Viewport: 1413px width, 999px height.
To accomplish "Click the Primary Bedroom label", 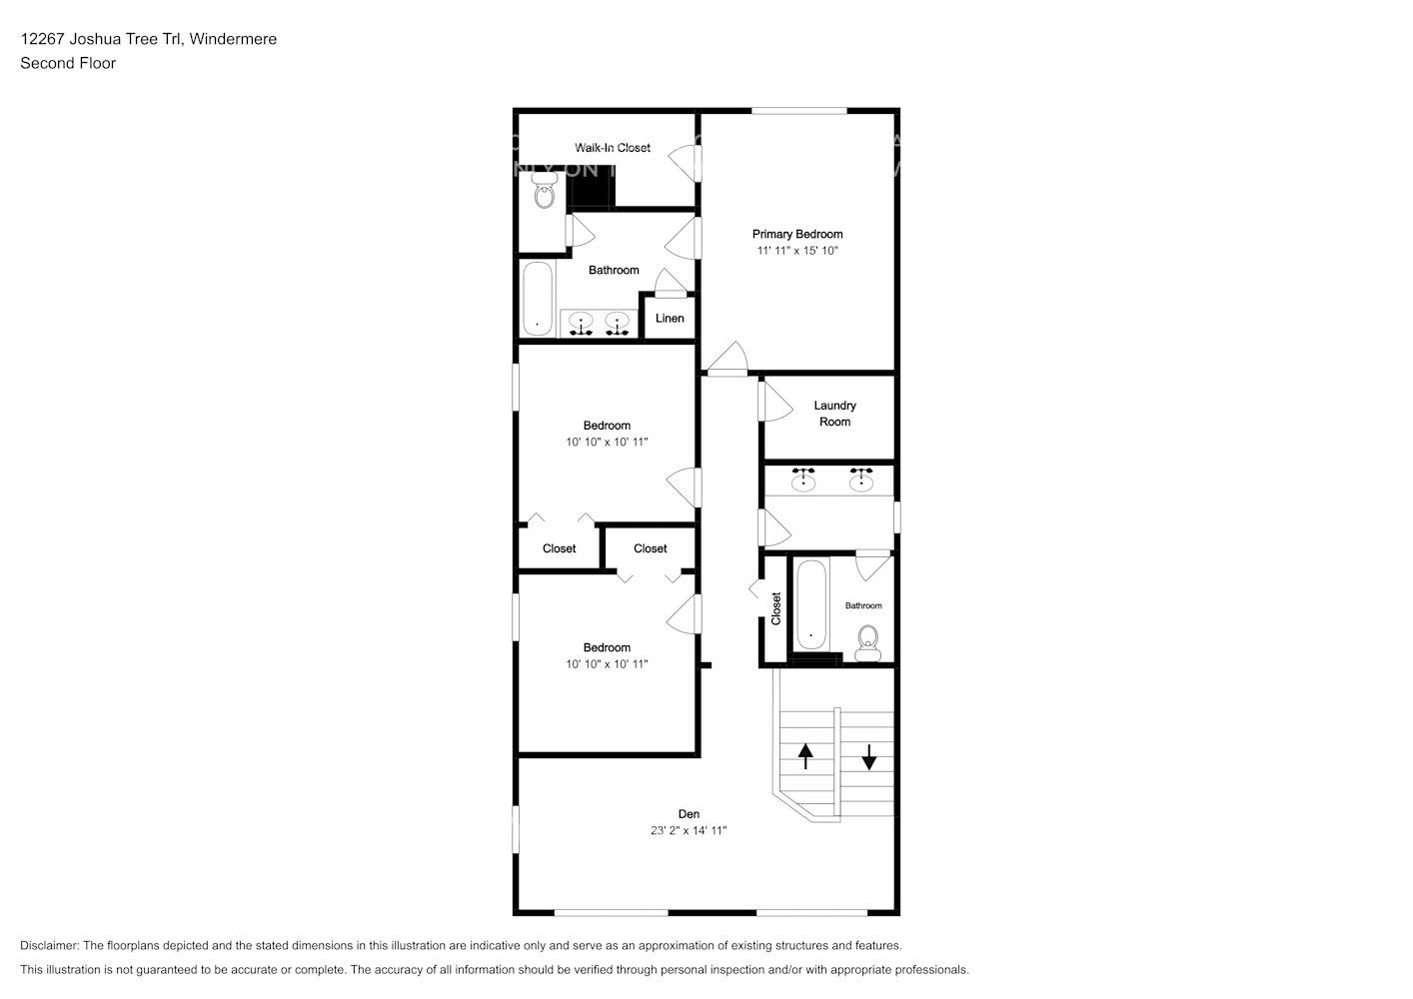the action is [x=797, y=234].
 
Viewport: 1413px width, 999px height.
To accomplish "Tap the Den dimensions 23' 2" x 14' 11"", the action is [x=689, y=830].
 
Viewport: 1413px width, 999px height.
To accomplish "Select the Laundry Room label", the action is [x=834, y=414].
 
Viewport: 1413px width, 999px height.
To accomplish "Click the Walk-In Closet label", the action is [x=613, y=148].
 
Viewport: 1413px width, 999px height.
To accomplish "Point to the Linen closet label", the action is [x=670, y=318].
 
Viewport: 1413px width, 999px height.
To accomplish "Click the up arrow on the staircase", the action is [x=805, y=756].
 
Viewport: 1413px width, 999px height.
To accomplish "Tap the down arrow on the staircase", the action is [x=868, y=757].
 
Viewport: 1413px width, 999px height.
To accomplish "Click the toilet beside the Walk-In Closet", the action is [x=545, y=190].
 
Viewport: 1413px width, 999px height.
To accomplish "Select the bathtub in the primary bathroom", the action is [x=538, y=299].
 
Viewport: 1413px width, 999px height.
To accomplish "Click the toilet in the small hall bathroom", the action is [x=868, y=643].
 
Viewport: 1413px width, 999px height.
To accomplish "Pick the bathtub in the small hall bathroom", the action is [x=810, y=604].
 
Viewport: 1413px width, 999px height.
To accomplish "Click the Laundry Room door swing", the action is [x=775, y=402].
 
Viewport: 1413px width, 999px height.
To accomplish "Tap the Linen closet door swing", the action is [x=671, y=283].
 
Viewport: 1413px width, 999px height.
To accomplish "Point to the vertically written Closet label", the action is [x=775, y=608].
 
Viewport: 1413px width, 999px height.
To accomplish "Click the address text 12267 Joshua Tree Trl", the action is [x=101, y=39].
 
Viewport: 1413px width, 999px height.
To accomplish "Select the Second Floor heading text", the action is [x=68, y=63].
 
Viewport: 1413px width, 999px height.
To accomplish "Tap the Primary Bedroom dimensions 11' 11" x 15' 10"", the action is [x=797, y=251].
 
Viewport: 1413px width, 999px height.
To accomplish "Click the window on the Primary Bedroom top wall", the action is [x=798, y=111].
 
